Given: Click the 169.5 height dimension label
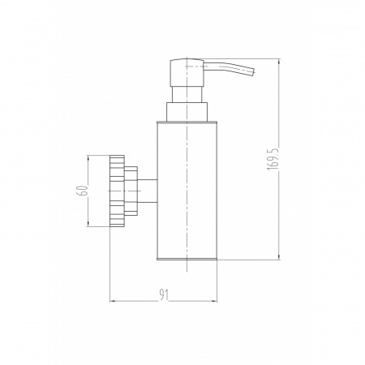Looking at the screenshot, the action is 273,159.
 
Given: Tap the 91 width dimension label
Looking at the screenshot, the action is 164,294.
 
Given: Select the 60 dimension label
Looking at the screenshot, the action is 83,191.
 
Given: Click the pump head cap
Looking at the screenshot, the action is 187,72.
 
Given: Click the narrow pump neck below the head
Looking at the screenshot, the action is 187,94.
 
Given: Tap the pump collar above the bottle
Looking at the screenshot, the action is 187,112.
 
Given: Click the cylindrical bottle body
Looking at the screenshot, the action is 187,191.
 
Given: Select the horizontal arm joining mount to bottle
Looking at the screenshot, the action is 148,191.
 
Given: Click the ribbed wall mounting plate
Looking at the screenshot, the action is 117,191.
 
